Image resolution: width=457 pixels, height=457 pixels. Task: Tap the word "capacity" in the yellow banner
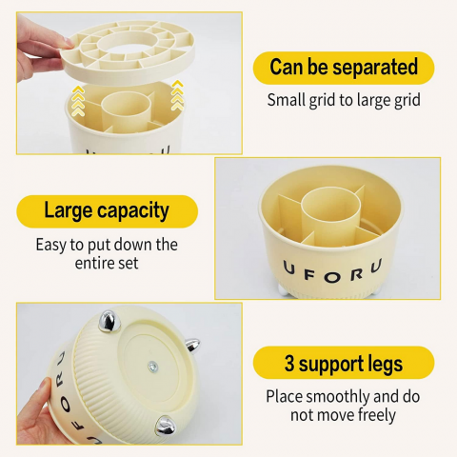pos(133,211)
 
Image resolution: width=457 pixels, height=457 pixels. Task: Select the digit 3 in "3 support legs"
pos(289,363)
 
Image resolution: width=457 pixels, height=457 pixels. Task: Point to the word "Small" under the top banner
pos(286,100)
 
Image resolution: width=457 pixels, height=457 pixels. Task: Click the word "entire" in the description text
pos(92,264)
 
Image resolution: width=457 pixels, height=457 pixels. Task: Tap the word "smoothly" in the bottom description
pos(338,397)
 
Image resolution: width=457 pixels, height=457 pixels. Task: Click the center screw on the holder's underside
pos(153,368)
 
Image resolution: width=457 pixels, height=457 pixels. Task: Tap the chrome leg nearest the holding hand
pos(165,425)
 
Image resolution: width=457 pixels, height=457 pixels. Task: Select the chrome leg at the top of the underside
pos(109,321)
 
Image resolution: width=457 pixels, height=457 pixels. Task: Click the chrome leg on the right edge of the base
pos(192,345)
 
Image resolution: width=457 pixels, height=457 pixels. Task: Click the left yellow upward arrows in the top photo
pos(78,101)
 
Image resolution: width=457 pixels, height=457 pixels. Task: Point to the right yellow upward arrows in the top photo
pos(177,95)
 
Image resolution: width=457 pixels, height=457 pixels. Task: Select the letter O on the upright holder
pos(332,277)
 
